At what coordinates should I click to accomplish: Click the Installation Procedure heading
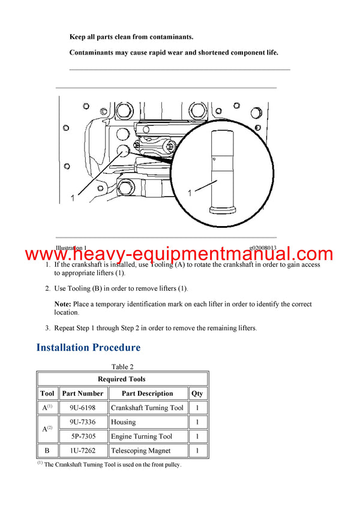pos(88,348)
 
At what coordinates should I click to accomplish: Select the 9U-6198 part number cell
pos(82,408)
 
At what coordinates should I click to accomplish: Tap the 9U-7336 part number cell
pos(82,422)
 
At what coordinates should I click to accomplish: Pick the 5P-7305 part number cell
pos(82,436)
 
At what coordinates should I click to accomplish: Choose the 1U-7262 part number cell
pos(82,451)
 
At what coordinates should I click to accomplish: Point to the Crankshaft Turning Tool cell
pos(147,408)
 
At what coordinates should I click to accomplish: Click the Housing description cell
pos(124,422)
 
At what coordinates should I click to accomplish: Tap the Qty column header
pos(197,394)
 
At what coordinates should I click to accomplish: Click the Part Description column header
pos(147,394)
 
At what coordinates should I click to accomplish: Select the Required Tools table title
pos(122,379)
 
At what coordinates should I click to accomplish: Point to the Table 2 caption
pos(122,366)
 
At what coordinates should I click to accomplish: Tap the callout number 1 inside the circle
pos(190,193)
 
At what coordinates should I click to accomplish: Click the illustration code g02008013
pos(263,248)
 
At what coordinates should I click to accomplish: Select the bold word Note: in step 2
pos(63,305)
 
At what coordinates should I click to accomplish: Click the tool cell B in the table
pos(47,451)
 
